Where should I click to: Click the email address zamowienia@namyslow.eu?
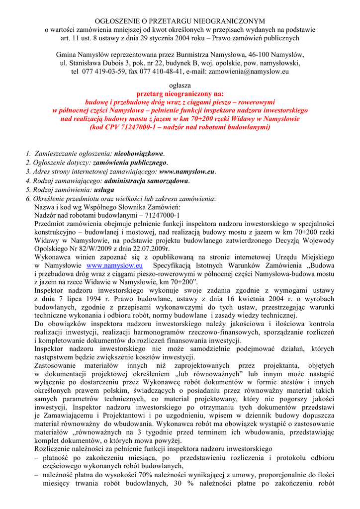(248, 72)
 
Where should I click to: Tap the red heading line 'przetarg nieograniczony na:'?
(180, 93)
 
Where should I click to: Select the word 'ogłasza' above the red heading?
(180, 85)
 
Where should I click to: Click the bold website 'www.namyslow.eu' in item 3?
(187, 171)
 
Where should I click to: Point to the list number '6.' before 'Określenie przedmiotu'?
(28, 198)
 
